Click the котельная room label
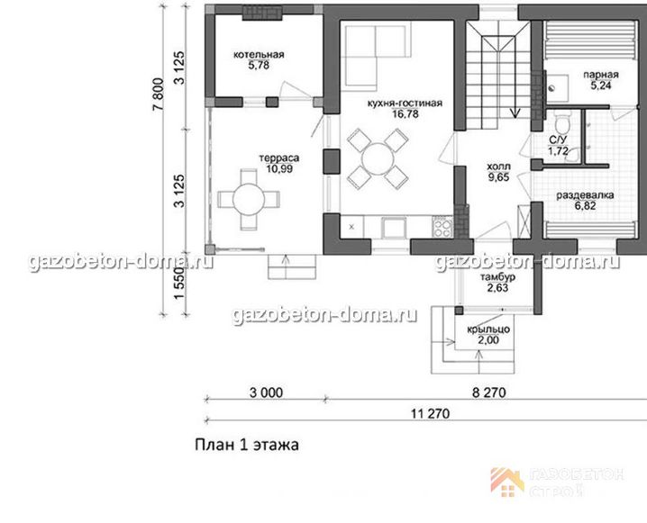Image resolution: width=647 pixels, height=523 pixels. coord(259,54)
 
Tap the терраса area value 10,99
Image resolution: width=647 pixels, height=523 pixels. coord(279,168)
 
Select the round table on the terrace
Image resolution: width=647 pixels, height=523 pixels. coord(249,200)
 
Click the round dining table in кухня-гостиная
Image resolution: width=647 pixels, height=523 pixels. coord(378,158)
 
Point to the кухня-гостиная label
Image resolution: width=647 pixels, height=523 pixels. coord(405,103)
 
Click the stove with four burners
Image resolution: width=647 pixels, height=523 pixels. coord(442,227)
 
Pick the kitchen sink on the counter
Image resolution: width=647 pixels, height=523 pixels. coord(394,228)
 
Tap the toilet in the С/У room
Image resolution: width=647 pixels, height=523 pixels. coord(562,122)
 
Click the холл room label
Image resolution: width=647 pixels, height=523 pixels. coord(498,167)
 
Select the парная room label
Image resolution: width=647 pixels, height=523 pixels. coord(601,75)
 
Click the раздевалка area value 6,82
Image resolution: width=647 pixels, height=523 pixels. coord(585,205)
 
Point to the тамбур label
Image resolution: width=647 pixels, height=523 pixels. coord(497,277)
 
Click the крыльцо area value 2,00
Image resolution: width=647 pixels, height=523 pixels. coord(488,340)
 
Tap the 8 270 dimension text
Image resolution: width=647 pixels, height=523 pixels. coord(488,392)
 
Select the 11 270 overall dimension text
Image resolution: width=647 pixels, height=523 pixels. coord(430,413)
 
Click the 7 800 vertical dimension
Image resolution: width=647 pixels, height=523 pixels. coord(159,95)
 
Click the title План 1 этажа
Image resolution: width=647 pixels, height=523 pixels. coord(247,445)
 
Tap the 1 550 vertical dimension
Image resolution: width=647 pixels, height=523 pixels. coord(178,284)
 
